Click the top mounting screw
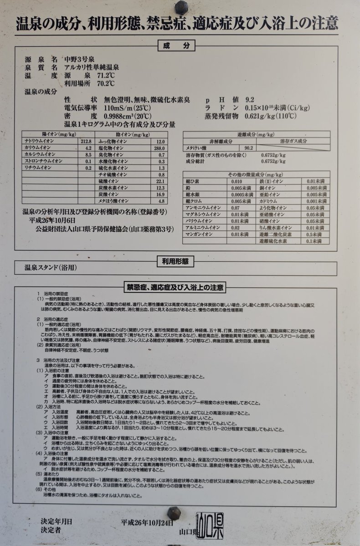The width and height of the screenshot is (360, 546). (x=181, y=7)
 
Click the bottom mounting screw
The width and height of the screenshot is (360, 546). (x=174, y=513)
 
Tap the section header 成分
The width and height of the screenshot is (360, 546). (x=176, y=46)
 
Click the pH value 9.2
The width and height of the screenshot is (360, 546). (x=250, y=100)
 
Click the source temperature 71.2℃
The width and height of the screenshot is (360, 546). (x=105, y=76)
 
